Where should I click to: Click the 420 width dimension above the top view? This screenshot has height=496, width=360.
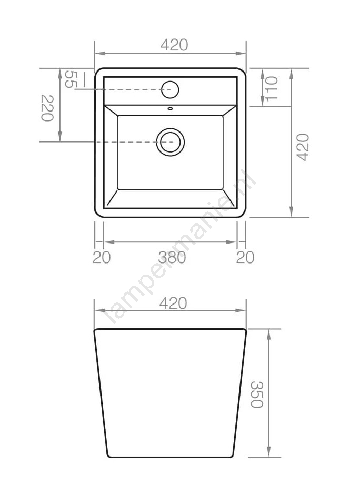174,45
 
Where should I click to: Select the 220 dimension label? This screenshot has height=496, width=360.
47,108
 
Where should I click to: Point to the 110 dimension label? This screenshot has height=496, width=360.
272,89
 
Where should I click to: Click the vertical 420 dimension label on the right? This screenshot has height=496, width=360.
303,147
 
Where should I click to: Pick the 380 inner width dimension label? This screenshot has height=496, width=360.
172,258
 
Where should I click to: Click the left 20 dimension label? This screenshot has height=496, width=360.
102,258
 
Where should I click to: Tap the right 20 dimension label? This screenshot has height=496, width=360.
245,258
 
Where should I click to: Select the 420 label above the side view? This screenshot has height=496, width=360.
173,303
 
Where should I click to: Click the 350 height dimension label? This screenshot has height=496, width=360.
257,394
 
